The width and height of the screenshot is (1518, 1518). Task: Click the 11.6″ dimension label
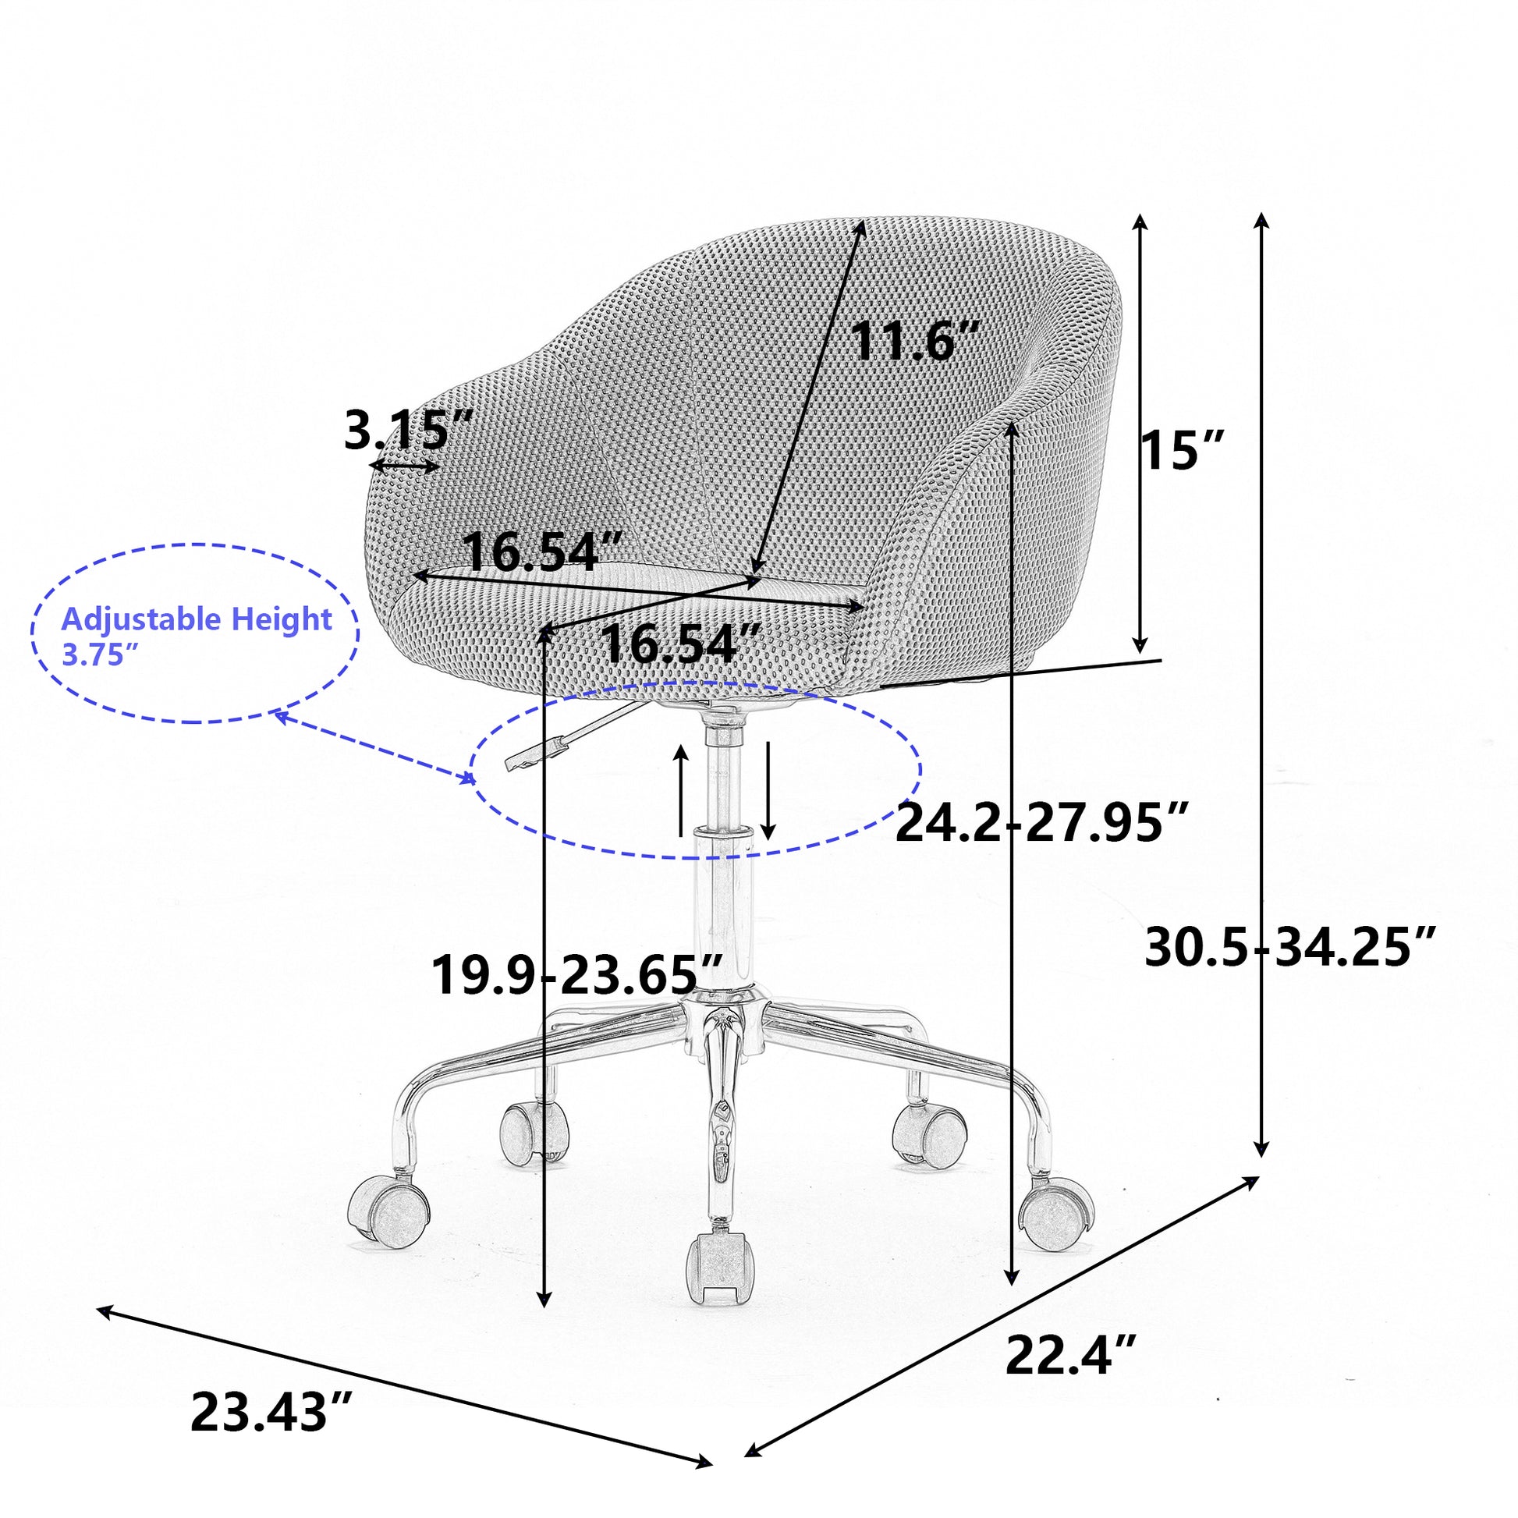pos(915,341)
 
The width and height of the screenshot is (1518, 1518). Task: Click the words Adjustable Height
pos(197,619)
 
